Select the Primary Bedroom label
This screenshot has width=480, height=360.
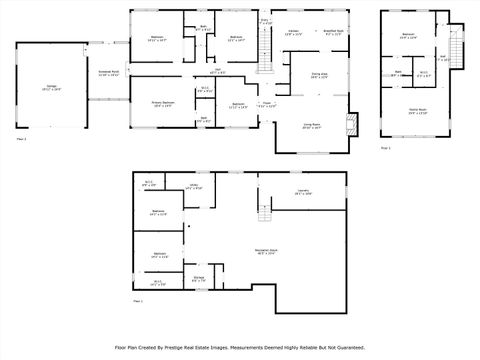(x=163, y=103)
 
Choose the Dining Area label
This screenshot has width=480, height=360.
(x=318, y=75)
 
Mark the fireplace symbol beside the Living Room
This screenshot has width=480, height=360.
(x=350, y=125)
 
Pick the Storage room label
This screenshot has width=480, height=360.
(x=199, y=278)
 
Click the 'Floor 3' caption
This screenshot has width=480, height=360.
(x=386, y=148)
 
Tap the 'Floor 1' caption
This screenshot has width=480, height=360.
(x=139, y=300)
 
